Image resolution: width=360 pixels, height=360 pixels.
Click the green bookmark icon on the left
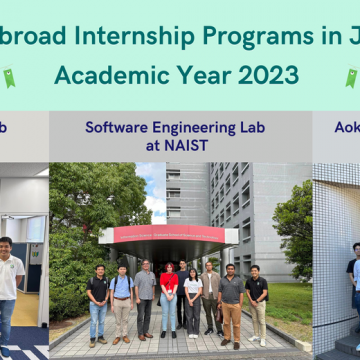(9, 77)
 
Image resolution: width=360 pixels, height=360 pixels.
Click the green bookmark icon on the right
(351, 77)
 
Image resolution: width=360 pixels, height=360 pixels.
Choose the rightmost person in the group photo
(257, 298)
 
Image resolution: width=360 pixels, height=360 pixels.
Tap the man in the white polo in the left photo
(9, 285)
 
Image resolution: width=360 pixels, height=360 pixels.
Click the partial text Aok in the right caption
(346, 127)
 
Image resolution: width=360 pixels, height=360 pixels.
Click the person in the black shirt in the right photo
(352, 280)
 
